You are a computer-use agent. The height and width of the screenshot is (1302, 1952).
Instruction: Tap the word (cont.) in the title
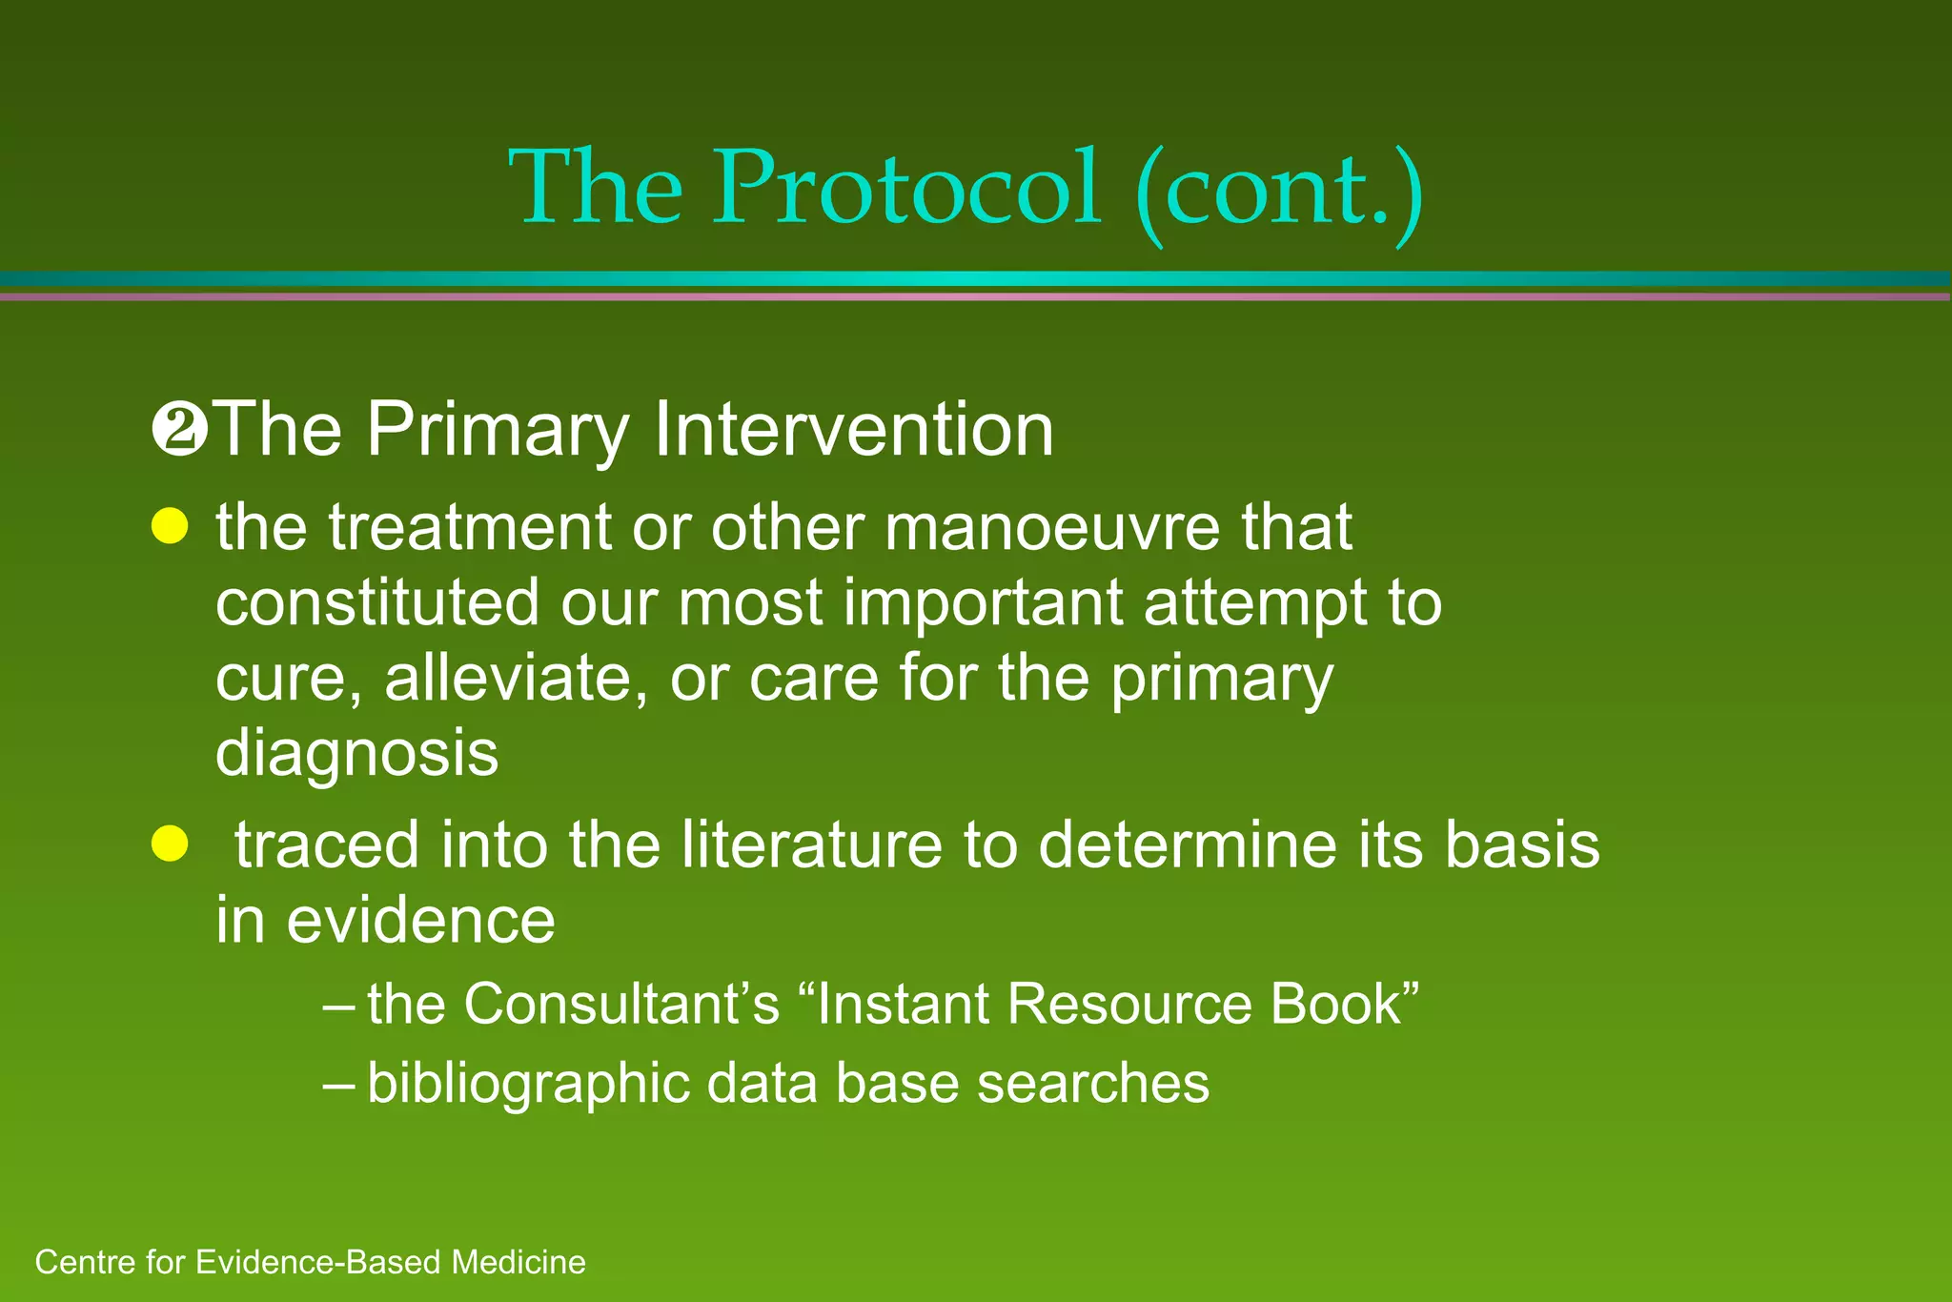pos(1279,191)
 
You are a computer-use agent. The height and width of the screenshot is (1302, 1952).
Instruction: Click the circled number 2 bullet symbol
pos(179,431)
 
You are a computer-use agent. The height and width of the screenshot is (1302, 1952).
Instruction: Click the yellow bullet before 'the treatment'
pos(170,526)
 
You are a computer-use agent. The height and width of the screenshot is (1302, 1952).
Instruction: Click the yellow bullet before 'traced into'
pos(170,844)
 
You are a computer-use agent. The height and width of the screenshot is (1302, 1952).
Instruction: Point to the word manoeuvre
pos(1051,527)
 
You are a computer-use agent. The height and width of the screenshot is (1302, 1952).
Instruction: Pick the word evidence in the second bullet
pos(420,921)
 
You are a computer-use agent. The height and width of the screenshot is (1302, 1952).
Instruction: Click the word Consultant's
pos(621,1004)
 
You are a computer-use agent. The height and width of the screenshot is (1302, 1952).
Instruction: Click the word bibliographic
pos(528,1084)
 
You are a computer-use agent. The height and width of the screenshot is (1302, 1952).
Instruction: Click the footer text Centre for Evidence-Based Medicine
pos(310,1262)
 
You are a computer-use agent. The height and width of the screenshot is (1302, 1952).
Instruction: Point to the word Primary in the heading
pos(498,431)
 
